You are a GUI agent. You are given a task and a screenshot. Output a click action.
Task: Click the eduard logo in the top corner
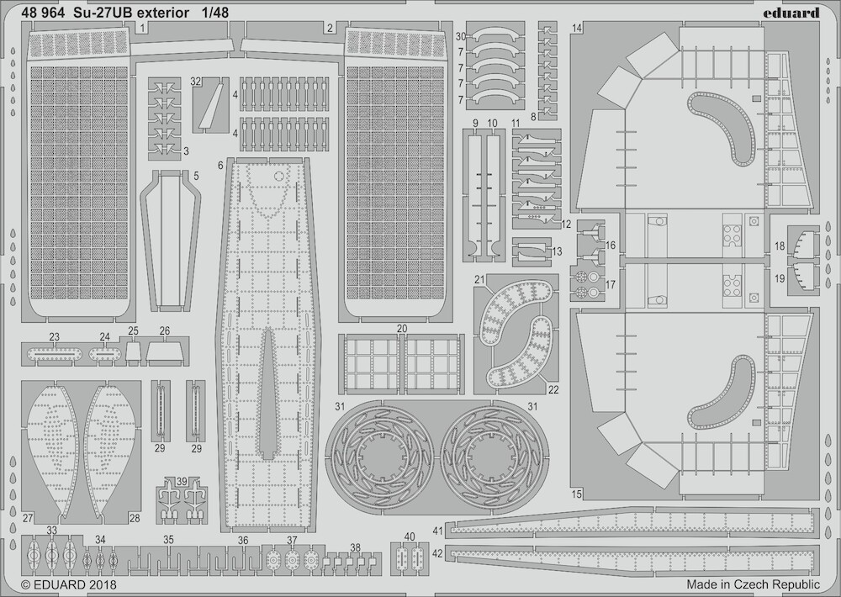795,12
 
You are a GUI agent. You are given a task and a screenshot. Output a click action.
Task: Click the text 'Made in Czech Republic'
753,584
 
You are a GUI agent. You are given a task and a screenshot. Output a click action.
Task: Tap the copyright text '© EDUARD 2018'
69,584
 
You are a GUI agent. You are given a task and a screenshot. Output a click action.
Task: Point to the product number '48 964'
44,13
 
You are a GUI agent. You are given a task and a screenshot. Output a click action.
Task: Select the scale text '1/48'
216,13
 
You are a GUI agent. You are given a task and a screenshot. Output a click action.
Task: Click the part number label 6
220,166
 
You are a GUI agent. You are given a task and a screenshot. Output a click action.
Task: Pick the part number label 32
195,82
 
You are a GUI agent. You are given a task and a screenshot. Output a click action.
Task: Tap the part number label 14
577,29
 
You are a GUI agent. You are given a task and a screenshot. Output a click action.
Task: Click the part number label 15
577,494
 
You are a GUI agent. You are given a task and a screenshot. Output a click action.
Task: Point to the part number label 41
437,531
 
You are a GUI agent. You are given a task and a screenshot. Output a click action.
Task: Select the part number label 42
437,553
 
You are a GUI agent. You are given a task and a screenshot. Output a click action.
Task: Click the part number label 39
182,481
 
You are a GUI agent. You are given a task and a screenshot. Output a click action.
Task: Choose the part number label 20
402,329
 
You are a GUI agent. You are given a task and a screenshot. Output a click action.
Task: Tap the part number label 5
196,176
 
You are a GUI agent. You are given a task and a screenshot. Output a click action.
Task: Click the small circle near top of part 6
278,176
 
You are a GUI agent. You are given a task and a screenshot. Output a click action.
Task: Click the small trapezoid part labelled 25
134,351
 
